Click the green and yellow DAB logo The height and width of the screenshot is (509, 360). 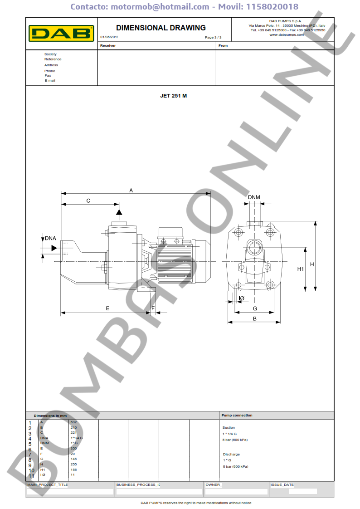(x=61, y=33)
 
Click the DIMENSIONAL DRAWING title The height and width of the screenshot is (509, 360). (x=161, y=28)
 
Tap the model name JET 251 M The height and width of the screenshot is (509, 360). (x=173, y=96)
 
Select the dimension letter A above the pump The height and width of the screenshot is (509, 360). (x=131, y=191)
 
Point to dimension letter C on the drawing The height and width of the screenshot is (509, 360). (x=88, y=201)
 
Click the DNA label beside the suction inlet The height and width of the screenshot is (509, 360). (x=50, y=238)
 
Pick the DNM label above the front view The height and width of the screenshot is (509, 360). (x=254, y=197)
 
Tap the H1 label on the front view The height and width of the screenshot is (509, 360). (x=300, y=269)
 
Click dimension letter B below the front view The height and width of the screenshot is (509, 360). (x=254, y=318)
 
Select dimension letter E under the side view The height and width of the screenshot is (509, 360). (x=107, y=308)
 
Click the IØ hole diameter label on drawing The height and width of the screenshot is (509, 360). (x=241, y=298)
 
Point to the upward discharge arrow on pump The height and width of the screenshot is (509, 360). (x=119, y=211)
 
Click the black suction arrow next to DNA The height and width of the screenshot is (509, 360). (x=54, y=248)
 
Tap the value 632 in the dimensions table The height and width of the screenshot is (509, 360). (x=73, y=422)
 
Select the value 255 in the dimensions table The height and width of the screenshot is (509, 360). (x=73, y=465)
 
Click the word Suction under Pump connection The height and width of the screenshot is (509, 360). (x=229, y=427)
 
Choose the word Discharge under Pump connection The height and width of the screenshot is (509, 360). (x=231, y=454)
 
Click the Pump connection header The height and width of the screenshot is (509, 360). (x=237, y=415)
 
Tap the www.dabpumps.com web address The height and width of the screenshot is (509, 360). (x=286, y=34)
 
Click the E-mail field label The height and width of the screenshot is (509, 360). (x=50, y=80)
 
